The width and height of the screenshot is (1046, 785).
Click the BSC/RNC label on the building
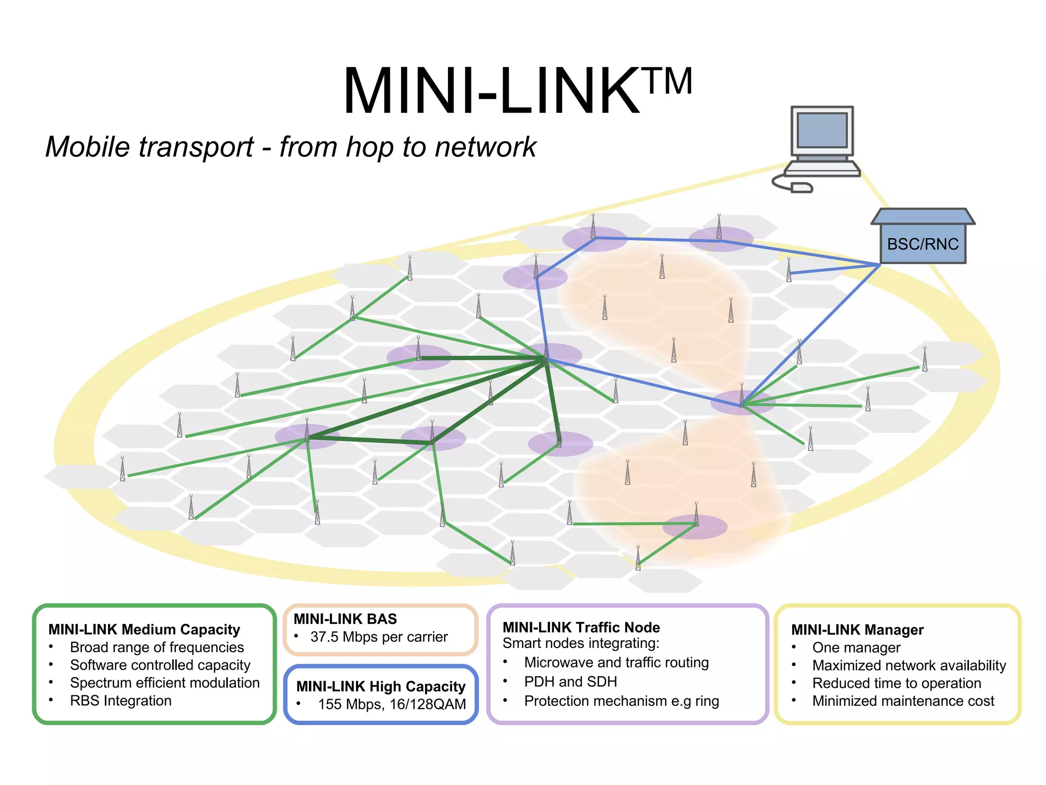click(922, 244)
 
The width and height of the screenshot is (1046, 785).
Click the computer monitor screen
click(822, 130)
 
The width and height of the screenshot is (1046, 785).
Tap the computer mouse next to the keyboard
click(801, 188)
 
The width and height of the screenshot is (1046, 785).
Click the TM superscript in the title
click(670, 82)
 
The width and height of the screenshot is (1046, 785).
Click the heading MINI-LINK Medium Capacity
click(144, 629)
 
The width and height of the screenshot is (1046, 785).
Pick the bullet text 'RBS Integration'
click(121, 701)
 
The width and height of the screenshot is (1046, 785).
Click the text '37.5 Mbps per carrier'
click(378, 637)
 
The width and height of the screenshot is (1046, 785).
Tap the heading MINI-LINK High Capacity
click(381, 686)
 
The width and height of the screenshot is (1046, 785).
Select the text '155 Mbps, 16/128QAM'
click(392, 704)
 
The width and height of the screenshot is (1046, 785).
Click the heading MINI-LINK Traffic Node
click(581, 627)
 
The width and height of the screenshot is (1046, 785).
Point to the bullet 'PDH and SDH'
click(570, 682)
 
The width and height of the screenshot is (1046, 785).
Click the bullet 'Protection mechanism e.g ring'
click(621, 701)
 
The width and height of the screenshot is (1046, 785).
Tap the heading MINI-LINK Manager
click(857, 630)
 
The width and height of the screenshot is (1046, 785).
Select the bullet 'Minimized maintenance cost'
click(903, 701)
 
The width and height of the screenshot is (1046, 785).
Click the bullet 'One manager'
click(856, 648)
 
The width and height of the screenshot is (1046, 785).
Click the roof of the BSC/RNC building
click(922, 217)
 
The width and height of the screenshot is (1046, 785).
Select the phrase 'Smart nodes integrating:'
click(581, 643)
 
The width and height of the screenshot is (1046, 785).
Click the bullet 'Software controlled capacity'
click(160, 665)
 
